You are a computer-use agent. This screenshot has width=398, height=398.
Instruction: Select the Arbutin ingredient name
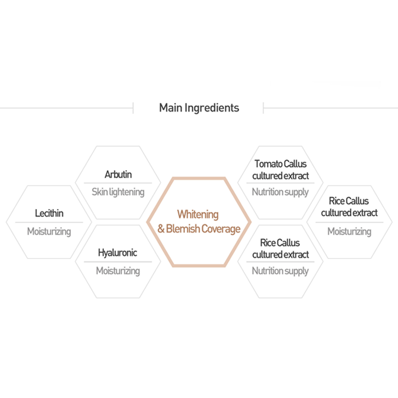tap(118, 174)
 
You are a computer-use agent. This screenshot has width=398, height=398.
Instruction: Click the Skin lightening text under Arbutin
tap(118, 192)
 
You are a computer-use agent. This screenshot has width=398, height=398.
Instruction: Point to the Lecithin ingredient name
tap(49, 213)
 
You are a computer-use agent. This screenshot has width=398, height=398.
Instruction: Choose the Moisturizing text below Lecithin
tap(49, 231)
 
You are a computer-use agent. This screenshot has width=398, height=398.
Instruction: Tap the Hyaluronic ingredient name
tap(117, 253)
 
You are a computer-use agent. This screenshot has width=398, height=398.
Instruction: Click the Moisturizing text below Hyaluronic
tap(118, 271)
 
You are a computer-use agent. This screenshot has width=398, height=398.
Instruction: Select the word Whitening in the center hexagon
tap(198, 215)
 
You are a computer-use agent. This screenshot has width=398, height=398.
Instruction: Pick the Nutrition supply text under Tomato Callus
tap(280, 192)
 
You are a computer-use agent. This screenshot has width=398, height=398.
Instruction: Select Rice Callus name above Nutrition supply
tap(280, 243)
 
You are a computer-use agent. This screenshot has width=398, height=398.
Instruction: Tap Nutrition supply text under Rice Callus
tap(280, 271)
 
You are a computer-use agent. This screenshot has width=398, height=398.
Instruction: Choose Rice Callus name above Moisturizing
tap(349, 201)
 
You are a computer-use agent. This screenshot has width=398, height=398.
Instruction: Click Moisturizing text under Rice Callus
tap(349, 231)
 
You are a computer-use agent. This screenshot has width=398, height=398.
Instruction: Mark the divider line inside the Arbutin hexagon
tap(118, 183)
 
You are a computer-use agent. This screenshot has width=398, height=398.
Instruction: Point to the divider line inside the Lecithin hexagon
tap(49, 222)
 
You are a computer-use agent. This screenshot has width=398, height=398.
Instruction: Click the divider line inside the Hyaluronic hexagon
tap(118, 262)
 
